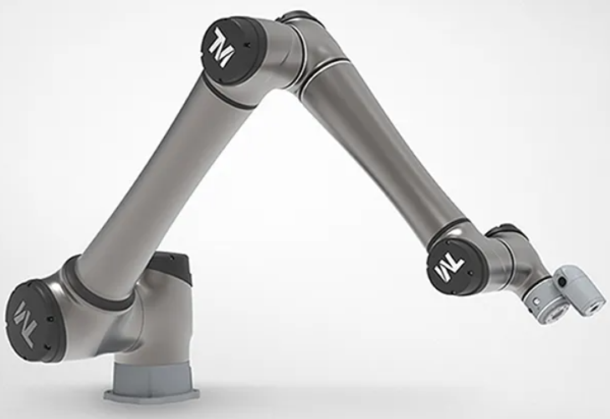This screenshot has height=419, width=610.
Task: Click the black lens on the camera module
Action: pyautogui.click(x=561, y=281)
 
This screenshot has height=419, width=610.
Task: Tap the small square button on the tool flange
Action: pyautogui.click(x=536, y=302)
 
